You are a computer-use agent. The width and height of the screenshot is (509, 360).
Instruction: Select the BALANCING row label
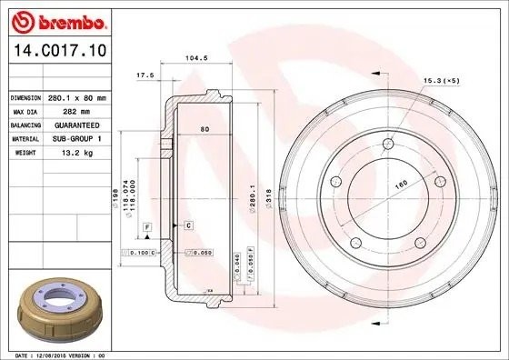coord(25,125)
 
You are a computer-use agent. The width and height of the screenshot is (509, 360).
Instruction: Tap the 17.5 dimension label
coord(143,74)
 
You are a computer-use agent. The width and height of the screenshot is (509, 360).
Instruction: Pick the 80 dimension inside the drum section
coord(205,130)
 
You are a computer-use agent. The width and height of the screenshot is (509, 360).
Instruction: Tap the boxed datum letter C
coord(188,224)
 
